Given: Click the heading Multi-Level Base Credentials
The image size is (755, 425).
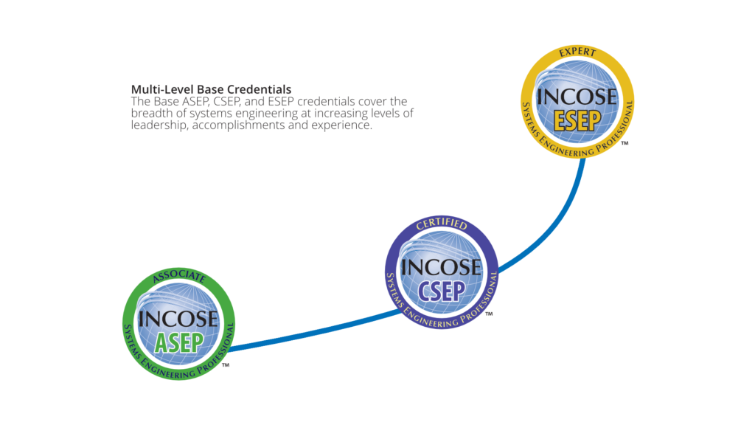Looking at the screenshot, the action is click(x=211, y=89).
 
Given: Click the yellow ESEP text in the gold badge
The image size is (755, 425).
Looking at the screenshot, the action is click(x=577, y=120).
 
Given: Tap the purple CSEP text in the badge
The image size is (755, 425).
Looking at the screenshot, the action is click(x=442, y=291).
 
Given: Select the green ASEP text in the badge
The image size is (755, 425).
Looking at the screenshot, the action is click(x=178, y=342).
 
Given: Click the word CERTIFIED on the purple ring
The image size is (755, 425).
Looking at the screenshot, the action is click(x=442, y=224).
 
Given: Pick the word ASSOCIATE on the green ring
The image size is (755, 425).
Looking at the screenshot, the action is click(x=178, y=276).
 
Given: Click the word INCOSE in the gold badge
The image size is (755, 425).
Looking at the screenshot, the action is click(x=577, y=97).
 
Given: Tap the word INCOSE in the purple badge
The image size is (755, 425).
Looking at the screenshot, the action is click(x=441, y=267).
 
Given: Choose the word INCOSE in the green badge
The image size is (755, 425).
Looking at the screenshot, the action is click(x=178, y=319).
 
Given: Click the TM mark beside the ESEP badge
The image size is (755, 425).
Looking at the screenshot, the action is click(x=624, y=143).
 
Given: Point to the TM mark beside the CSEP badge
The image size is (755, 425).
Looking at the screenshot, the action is click(x=489, y=314).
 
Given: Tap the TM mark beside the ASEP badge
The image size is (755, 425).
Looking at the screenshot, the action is click(x=226, y=365).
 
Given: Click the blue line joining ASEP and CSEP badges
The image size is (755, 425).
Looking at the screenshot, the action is click(x=316, y=331).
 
